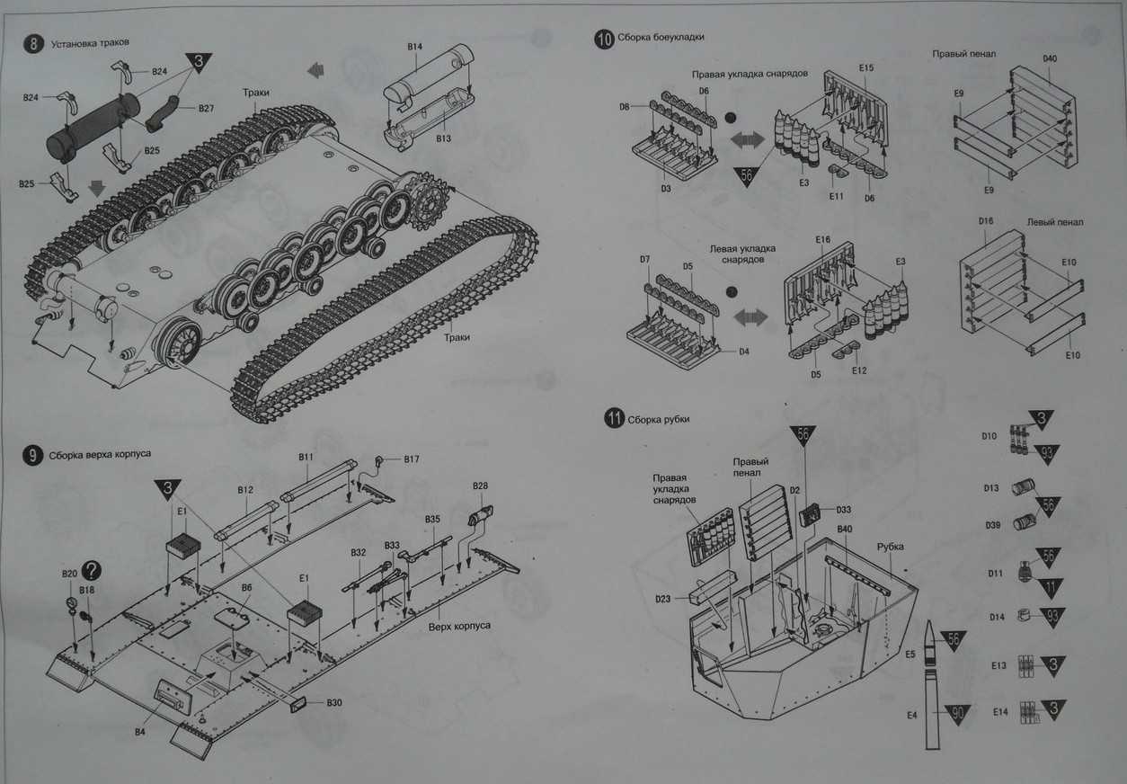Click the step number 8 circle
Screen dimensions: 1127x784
[x=33, y=44]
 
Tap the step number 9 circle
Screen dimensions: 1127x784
[x=33, y=456]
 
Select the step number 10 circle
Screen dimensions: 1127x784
[x=603, y=38]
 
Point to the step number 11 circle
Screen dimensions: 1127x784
[x=614, y=419]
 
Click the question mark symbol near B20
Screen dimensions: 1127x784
[x=91, y=570]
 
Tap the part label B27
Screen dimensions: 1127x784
[x=206, y=109]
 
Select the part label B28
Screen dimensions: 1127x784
[x=480, y=486]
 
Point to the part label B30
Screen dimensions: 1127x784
[x=333, y=702]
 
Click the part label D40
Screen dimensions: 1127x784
[x=1050, y=59]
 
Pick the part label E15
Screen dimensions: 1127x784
[x=866, y=68]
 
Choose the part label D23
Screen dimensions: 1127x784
[x=663, y=599]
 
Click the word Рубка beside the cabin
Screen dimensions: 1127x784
[x=892, y=547]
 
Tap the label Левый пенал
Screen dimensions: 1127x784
[x=1054, y=222]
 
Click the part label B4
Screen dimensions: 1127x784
[x=140, y=732]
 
